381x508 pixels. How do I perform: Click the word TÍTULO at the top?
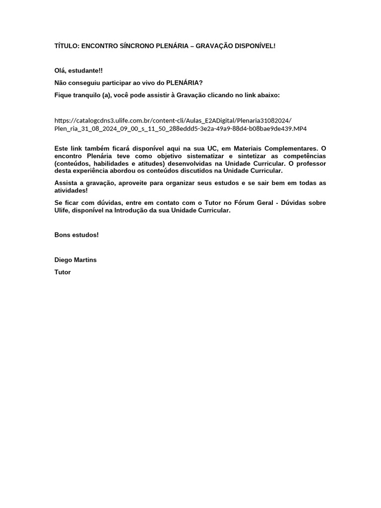point(66,46)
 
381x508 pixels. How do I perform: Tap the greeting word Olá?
point(61,71)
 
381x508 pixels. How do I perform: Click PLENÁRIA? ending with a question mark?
point(184,83)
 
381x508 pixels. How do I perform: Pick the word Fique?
point(63,94)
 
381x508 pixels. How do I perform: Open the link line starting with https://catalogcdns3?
point(173,121)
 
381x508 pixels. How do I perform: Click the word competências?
point(305,156)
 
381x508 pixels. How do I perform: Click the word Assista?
point(66,183)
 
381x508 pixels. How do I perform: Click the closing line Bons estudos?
point(76,235)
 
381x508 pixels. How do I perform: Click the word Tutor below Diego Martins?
point(63,272)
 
